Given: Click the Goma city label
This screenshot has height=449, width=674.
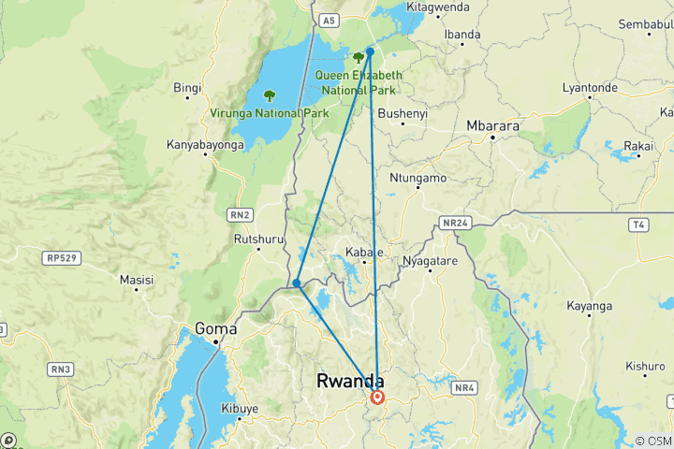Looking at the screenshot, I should click(x=216, y=328).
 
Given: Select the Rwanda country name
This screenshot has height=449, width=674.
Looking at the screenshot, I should click(x=351, y=381).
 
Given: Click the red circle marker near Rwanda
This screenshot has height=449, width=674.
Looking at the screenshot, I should click(x=377, y=398).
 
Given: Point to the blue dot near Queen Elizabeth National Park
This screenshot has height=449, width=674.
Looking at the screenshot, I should click(x=371, y=52).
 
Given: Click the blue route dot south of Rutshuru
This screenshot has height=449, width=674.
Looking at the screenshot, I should click(x=296, y=283).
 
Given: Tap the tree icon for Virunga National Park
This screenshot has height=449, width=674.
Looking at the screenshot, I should click(x=270, y=95).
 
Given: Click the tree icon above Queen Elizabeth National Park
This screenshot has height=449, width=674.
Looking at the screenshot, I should click(x=359, y=58).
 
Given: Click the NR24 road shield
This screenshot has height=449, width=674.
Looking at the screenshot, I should click(x=454, y=224).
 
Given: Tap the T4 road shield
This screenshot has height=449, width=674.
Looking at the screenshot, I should click(x=638, y=224).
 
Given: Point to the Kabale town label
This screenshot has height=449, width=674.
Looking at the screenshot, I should click(x=364, y=253).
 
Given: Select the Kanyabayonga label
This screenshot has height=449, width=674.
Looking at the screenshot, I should click(x=205, y=145).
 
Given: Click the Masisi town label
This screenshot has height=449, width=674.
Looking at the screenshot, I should click(x=137, y=280).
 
